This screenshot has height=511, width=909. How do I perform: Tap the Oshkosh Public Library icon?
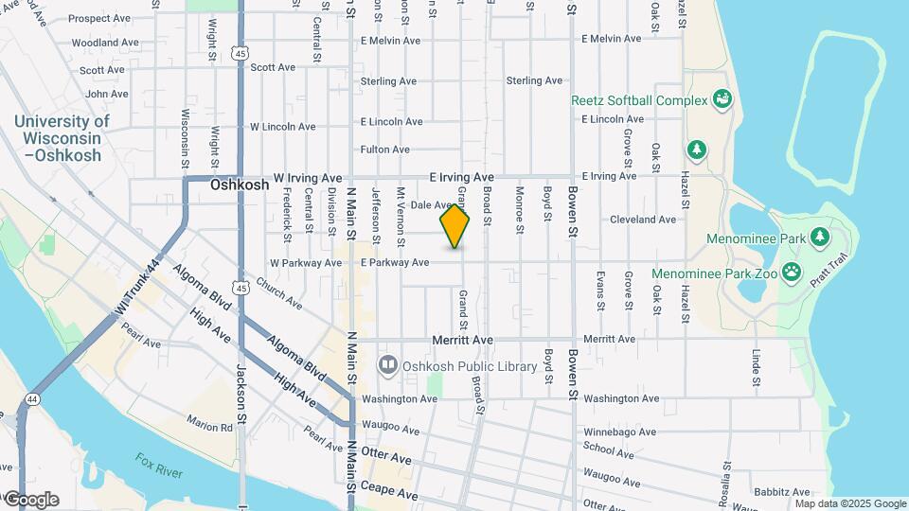(x=386, y=364)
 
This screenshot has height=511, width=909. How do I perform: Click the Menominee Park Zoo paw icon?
(x=792, y=274)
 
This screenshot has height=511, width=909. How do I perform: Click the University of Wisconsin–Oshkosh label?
(x=62, y=138)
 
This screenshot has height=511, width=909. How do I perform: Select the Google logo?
(x=30, y=500)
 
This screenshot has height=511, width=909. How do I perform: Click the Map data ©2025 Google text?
(x=850, y=503)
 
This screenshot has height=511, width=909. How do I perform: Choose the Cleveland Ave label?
(x=643, y=220)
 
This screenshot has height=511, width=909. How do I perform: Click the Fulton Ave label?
(x=384, y=150)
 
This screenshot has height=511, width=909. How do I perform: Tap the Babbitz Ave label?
(x=782, y=492)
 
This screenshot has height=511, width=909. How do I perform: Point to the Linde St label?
(x=757, y=368)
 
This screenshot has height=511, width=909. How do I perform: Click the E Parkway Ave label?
(x=395, y=262)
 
